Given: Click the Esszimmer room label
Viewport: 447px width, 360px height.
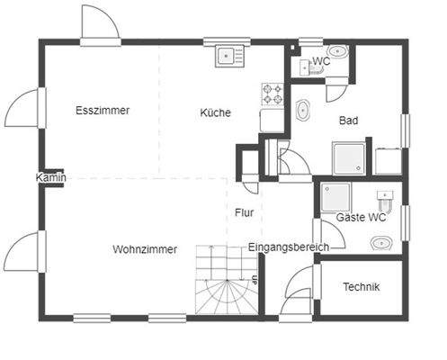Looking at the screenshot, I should (103, 111).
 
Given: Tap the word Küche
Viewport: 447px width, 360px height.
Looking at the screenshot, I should (215, 113).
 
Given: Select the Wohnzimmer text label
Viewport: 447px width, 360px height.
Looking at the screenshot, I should (145, 249).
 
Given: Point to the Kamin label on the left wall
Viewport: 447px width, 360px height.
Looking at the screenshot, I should (50, 178).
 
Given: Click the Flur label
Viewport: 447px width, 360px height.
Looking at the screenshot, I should (244, 213).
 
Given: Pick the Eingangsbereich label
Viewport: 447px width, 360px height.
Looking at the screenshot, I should (289, 247).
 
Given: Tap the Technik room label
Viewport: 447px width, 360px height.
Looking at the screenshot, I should (362, 287).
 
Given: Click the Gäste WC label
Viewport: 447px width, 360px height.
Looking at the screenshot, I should (362, 218).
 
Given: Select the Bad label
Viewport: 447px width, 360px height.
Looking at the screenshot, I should (349, 120).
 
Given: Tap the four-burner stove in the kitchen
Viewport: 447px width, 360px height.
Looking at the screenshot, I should (273, 93).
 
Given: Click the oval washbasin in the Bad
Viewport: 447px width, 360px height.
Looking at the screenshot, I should (303, 112).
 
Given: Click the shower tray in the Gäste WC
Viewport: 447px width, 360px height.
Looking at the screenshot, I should (336, 198).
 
